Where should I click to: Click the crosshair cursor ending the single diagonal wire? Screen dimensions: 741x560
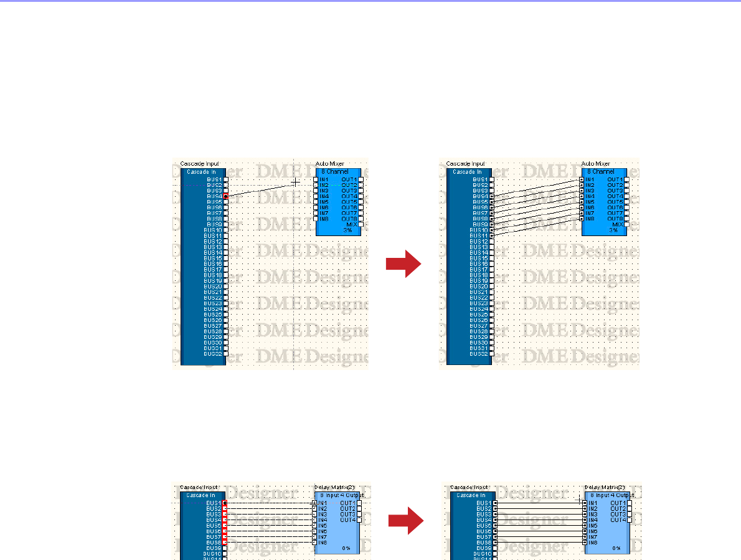(296, 182)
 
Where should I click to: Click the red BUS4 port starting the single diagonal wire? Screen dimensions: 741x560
(225, 196)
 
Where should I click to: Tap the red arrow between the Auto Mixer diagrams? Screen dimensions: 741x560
(404, 265)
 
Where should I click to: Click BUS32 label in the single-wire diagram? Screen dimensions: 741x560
(214, 354)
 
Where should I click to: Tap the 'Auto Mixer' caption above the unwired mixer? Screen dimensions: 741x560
(330, 164)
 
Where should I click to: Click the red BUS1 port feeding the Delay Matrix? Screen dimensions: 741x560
(225, 503)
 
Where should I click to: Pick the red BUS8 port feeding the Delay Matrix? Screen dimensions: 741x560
(225, 543)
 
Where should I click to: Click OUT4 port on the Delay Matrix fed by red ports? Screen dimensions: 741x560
(360, 520)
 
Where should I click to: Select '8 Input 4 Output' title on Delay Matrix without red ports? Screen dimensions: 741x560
(606, 496)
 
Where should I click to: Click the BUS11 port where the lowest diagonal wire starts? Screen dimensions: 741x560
(492, 235)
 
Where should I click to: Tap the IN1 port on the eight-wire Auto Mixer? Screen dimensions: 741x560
(582, 179)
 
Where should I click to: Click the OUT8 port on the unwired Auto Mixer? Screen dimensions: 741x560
(360, 219)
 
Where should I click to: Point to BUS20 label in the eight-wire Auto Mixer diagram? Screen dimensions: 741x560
(480, 286)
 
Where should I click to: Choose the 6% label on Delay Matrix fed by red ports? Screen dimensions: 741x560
(346, 548)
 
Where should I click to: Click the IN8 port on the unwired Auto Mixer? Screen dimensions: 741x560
(316, 219)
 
